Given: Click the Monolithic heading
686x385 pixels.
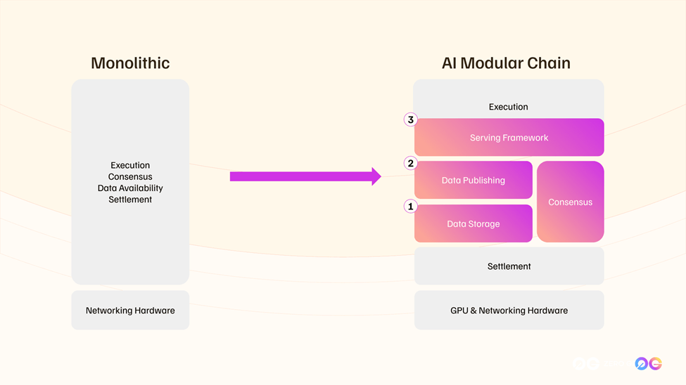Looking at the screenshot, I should [130, 63].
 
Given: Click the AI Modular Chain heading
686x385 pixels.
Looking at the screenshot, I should [506, 63].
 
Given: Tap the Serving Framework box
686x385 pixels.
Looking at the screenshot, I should [509, 138].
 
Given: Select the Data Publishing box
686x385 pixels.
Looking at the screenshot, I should [473, 181].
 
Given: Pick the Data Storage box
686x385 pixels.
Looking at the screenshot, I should [473, 224].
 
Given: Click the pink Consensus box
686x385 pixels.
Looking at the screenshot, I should [570, 202].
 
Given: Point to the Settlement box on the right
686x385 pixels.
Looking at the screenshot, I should [509, 266].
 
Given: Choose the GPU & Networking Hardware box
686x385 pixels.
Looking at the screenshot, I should [509, 311].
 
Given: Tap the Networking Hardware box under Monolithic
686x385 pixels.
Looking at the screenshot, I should [130, 311].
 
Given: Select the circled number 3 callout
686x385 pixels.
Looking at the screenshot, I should [411, 120].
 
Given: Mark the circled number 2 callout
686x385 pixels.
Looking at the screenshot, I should [411, 164].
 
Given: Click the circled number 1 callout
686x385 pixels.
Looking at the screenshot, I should [411, 207].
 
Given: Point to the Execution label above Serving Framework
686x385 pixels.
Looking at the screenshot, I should [508, 107].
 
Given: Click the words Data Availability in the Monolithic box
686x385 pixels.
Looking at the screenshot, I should [130, 188].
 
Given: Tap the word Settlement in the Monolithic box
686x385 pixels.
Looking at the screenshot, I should [130, 200].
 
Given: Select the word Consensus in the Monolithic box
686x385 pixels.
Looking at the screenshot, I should [130, 177].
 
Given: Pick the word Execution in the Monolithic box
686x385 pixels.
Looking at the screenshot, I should [130, 166].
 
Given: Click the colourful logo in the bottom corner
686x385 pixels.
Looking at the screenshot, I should [648, 363].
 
